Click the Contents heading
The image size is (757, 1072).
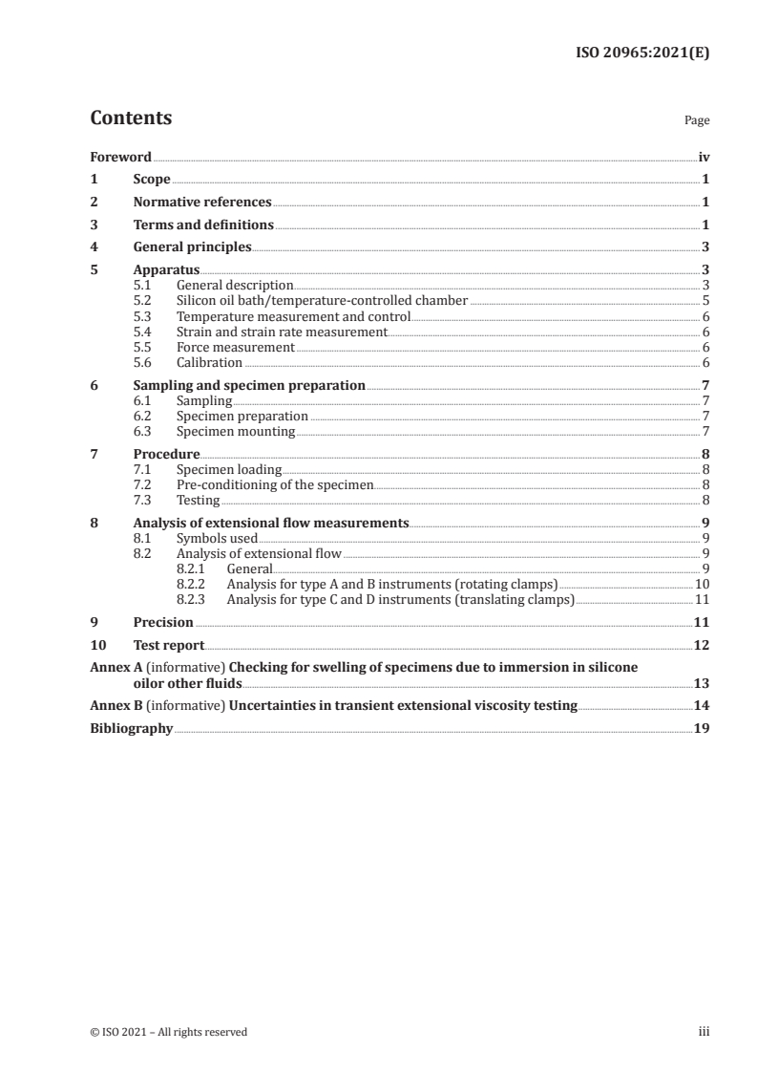click(131, 118)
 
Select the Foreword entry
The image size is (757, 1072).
click(120, 157)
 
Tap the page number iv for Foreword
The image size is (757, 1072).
click(704, 157)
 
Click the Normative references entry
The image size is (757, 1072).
click(202, 202)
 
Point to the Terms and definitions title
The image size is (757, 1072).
click(203, 225)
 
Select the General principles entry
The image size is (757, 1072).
click(192, 247)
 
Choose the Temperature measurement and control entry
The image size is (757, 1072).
click(293, 316)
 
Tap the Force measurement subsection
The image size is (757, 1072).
click(235, 348)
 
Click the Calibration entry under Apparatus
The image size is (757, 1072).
click(209, 363)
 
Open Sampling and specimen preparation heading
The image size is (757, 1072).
click(249, 386)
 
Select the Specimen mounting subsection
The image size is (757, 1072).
click(235, 432)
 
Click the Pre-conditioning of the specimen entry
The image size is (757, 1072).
click(275, 485)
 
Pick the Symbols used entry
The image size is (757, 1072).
click(217, 539)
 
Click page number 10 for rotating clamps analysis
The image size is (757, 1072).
click(702, 585)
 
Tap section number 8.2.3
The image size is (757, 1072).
click(194, 600)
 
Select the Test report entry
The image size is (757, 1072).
click(168, 645)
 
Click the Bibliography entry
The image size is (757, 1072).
click(131, 728)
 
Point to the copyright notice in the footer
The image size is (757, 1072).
click(168, 1032)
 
